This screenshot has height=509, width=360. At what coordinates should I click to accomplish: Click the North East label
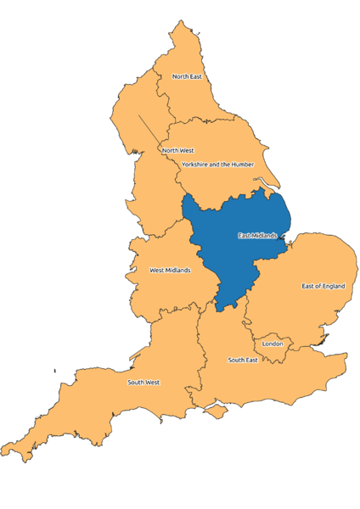(187, 76)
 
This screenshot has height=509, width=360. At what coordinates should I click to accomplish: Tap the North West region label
(178, 150)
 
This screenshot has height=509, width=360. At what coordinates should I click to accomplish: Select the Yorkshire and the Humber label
(217, 164)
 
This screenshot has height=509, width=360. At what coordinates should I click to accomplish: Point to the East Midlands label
(256, 235)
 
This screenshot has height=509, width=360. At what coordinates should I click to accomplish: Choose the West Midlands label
(170, 271)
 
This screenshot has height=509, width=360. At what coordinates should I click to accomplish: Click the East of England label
(323, 286)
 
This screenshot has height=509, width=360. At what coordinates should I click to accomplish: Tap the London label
(273, 344)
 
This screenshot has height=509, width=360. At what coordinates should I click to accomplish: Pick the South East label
(243, 360)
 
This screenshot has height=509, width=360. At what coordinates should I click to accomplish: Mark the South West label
(143, 382)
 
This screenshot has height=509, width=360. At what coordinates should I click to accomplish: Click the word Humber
(240, 164)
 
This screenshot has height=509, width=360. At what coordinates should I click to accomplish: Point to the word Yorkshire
(194, 164)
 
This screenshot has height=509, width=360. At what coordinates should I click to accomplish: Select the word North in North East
(181, 76)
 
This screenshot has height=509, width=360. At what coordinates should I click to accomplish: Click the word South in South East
(237, 360)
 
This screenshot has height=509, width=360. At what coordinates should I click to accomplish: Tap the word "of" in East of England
(318, 286)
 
